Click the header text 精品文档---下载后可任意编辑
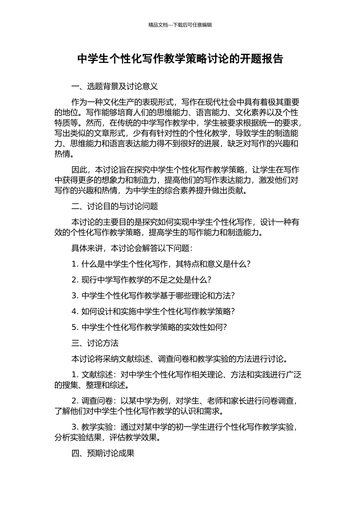click(180, 25)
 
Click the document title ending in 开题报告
click(180, 59)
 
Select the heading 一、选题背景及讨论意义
click(114, 86)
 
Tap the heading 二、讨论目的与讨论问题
click(114, 206)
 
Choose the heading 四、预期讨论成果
click(103, 453)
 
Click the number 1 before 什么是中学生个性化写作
click(74, 264)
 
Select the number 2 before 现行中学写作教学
click(74, 280)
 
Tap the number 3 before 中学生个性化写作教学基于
click(74, 296)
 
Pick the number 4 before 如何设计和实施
click(74, 312)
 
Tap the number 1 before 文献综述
click(74, 375)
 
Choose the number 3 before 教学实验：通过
click(74, 427)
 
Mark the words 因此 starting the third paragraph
click(79, 170)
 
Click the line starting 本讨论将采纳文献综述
click(180, 359)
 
